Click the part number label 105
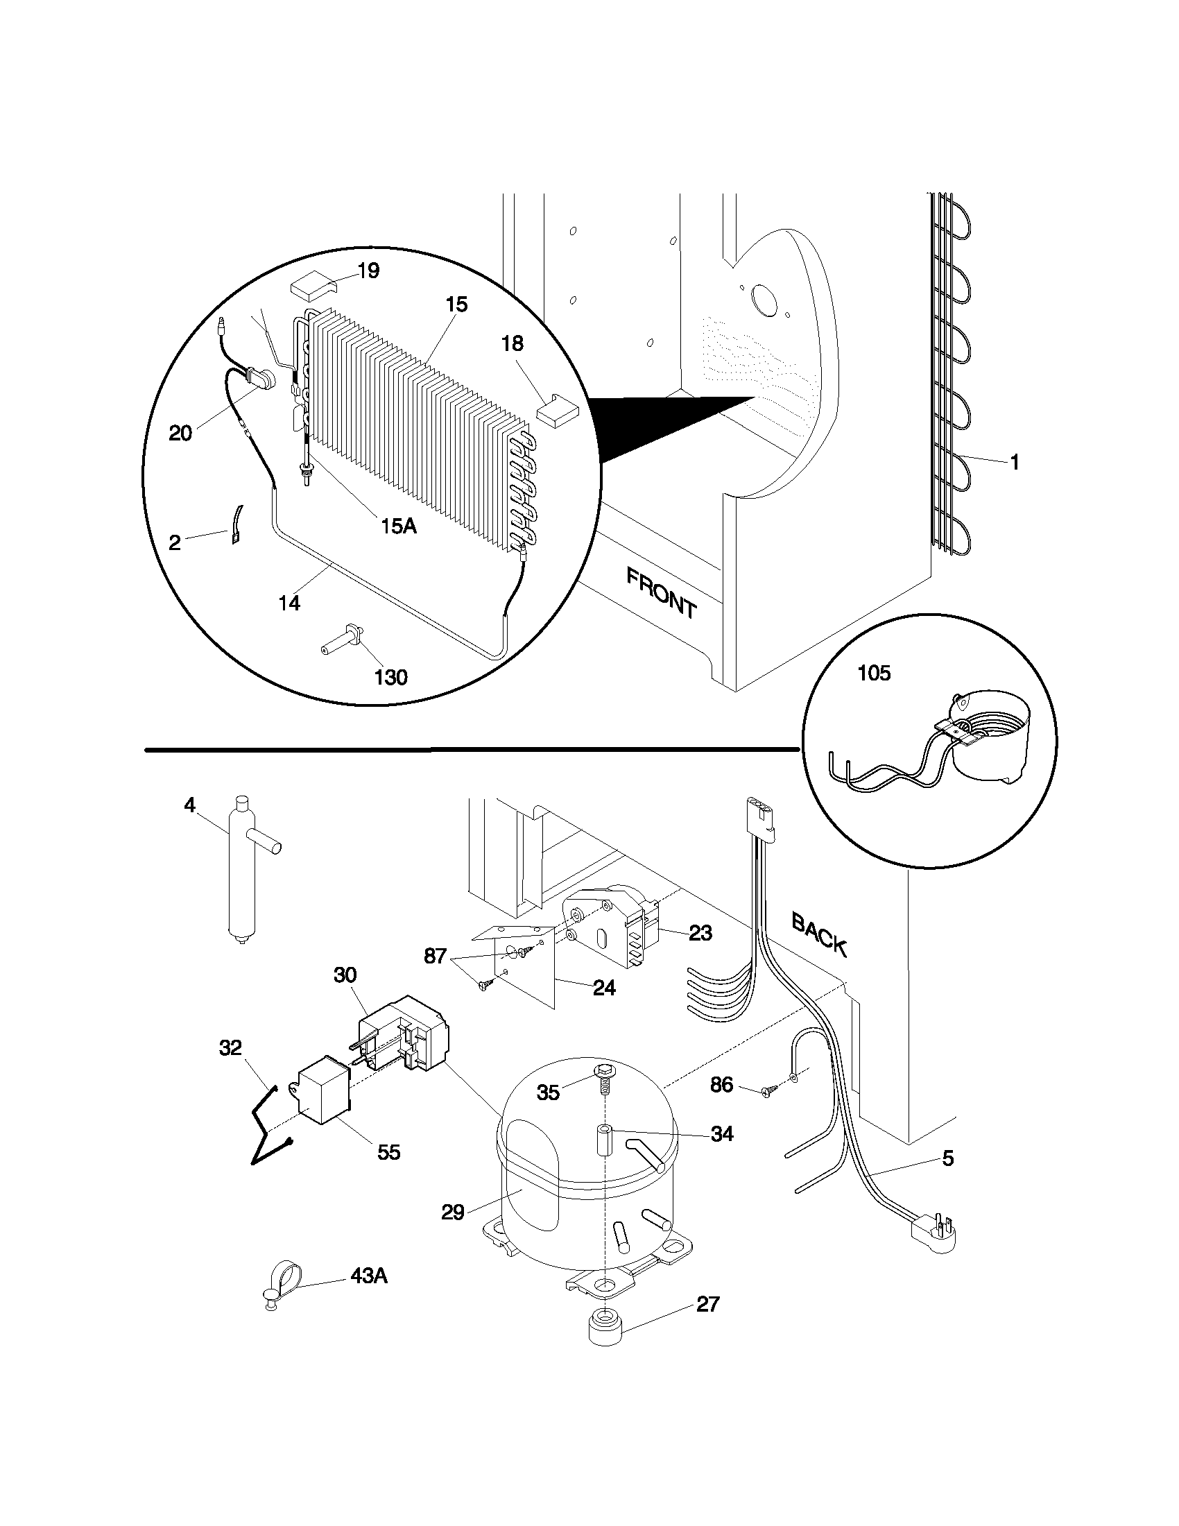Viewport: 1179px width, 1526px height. [874, 674]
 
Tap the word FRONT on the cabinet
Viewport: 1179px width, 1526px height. [661, 593]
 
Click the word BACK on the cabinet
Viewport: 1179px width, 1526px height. [820, 934]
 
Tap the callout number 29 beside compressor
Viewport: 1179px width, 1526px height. [453, 1212]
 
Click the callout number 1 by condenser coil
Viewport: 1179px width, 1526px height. [1015, 462]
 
